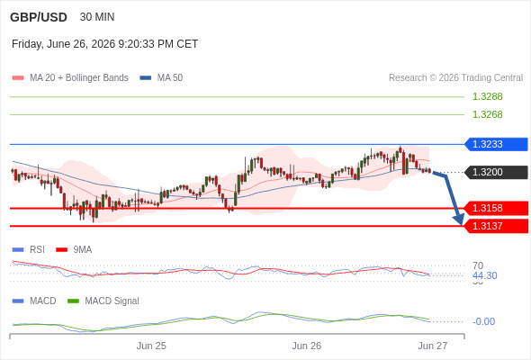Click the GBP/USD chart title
(39, 17)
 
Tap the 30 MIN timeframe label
(97, 17)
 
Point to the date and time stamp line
(104, 44)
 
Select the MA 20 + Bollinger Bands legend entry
(70, 78)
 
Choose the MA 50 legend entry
(161, 78)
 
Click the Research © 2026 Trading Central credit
(455, 78)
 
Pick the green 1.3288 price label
(487, 96)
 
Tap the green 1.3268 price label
(487, 114)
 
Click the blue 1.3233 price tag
(496, 144)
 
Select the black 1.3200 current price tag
(496, 172)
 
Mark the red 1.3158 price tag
(496, 208)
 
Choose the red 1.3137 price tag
(496, 226)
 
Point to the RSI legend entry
(29, 249)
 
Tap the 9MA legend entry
(74, 249)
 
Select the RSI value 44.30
(484, 275)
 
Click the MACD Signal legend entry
(103, 301)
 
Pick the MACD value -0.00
(483, 321)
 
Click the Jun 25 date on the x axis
(151, 346)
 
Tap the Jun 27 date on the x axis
(433, 346)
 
